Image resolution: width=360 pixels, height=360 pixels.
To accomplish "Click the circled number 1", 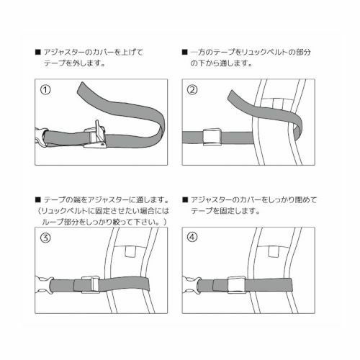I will click(46, 91).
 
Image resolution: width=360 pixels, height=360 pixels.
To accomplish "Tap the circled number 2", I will click(192, 91).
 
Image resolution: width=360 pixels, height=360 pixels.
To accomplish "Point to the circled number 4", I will click(192, 239).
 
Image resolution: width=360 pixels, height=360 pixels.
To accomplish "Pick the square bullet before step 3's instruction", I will click(37, 199).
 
